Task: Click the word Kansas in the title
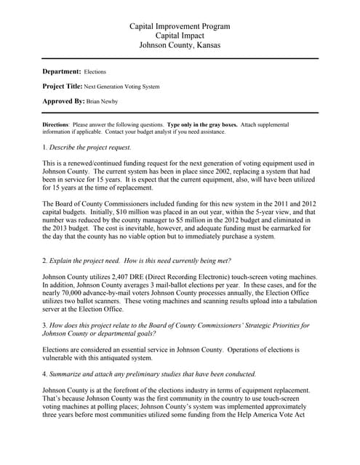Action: (x=207, y=45)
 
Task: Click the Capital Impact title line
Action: (x=180, y=36)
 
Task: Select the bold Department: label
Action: (x=62, y=72)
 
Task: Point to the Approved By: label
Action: (x=63, y=101)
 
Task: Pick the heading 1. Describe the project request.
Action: (x=87, y=147)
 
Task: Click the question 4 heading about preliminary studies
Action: (x=150, y=374)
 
